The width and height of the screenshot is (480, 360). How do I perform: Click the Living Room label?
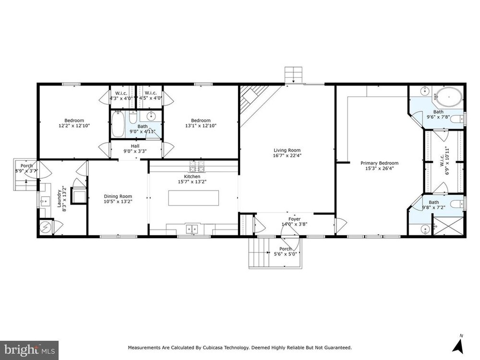point(287,153)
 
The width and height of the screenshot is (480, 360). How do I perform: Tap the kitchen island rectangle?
point(193,198)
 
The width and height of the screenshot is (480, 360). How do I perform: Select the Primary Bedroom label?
point(379,166)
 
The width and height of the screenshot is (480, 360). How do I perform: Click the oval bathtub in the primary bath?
point(449,97)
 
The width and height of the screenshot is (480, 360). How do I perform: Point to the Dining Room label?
point(118,199)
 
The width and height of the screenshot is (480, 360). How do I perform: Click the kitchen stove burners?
point(197,167)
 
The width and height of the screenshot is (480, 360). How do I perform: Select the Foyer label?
point(295,221)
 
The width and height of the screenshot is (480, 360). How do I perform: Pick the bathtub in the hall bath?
point(118,124)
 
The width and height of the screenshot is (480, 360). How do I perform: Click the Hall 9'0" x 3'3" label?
point(135,148)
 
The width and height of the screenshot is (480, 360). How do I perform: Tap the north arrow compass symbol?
point(458,346)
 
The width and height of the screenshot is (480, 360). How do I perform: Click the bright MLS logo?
point(29,349)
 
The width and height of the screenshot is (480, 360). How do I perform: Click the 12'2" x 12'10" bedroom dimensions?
point(74,125)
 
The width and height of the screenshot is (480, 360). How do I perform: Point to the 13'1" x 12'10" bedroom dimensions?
point(201,125)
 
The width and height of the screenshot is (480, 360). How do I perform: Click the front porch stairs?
point(259,252)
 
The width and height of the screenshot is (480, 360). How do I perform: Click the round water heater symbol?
point(45,227)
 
